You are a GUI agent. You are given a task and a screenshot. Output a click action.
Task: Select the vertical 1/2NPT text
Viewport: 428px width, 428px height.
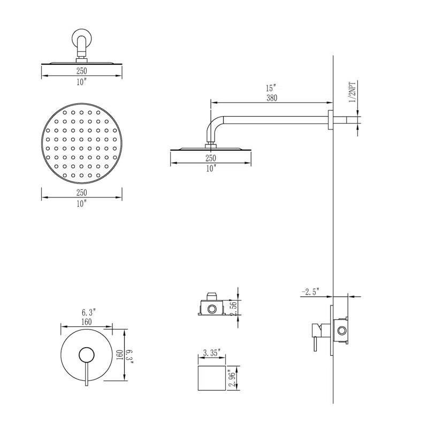coord(353,92)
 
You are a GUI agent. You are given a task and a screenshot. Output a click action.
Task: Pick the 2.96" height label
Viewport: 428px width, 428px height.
coord(232,380)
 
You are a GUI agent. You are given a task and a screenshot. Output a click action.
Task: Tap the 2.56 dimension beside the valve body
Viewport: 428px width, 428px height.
coord(233,308)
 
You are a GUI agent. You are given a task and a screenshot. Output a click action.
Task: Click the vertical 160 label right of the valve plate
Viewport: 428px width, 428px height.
coord(120,355)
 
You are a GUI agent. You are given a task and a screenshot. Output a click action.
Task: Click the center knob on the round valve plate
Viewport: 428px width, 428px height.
coord(86,355)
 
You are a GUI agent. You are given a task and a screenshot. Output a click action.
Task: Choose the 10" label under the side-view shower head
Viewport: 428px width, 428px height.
coord(211,168)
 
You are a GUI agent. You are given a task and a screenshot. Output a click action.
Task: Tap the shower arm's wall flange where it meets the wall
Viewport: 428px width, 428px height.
coord(330,119)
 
